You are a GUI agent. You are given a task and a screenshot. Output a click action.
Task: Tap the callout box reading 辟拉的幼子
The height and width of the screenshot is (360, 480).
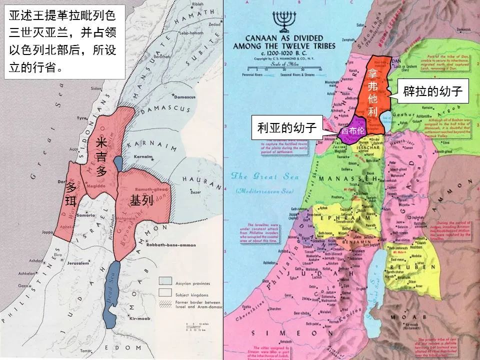tap(432, 91)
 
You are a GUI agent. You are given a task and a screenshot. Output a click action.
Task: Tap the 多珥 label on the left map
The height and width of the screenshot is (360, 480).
tap(70, 195)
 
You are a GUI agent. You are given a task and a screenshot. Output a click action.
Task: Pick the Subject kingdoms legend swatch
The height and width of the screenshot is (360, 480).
tap(165, 292)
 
